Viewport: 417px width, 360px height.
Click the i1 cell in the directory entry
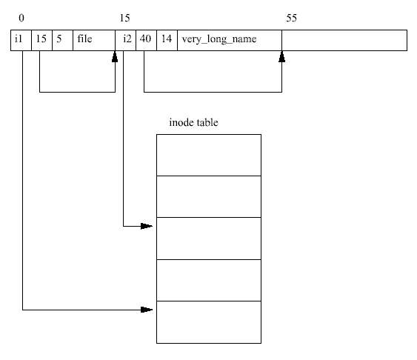[x=21, y=40]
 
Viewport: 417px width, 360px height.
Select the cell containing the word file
[x=94, y=40]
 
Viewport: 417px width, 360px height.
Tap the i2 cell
[x=125, y=40]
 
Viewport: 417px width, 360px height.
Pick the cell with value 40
[x=146, y=40]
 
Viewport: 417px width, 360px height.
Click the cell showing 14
[x=167, y=40]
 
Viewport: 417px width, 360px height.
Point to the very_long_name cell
[x=230, y=40]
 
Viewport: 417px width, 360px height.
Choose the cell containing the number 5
[x=62, y=40]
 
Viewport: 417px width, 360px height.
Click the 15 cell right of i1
[x=41, y=40]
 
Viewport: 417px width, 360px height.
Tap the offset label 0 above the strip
[x=21, y=18]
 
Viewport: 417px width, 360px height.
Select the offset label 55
[x=292, y=18]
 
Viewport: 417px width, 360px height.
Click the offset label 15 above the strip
[x=124, y=18]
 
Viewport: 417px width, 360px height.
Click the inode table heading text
[x=193, y=122]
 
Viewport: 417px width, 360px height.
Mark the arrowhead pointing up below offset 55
[x=282, y=56]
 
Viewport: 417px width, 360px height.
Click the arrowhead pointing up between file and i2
[x=115, y=56]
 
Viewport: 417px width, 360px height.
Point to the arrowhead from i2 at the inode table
[x=147, y=226]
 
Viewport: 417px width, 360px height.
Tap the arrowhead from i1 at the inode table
[x=147, y=310]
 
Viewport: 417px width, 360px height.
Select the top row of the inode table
[x=209, y=155]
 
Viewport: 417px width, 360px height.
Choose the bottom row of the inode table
[x=209, y=322]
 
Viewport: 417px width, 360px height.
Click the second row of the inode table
[x=209, y=196]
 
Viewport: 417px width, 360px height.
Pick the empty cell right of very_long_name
[x=344, y=40]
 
